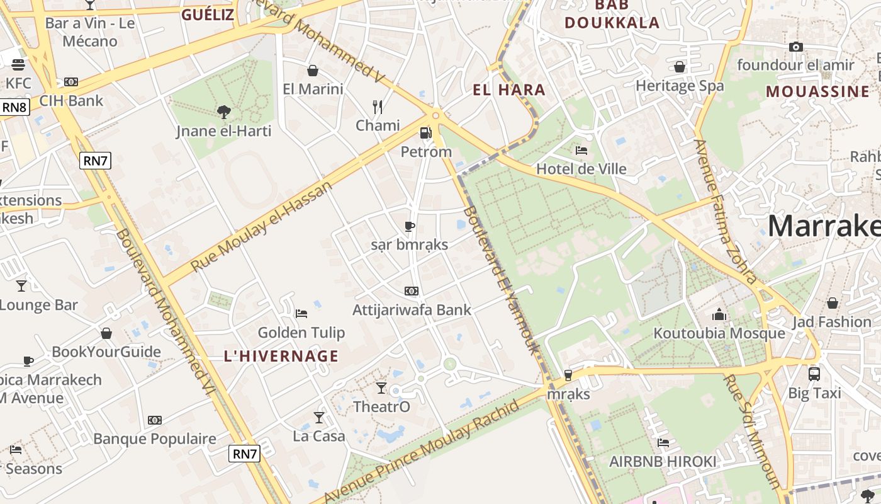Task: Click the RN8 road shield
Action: tap(14, 107)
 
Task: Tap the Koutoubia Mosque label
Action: tap(719, 333)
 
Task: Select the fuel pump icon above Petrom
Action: tap(426, 133)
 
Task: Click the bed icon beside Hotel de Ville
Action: tap(581, 151)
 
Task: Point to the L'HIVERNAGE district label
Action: tap(281, 356)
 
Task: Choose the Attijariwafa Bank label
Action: tap(412, 310)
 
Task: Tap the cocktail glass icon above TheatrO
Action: tap(381, 387)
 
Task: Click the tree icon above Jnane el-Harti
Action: tap(223, 113)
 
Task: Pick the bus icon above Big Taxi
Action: tap(814, 374)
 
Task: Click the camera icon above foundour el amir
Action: tap(795, 47)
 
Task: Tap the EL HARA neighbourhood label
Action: tap(509, 90)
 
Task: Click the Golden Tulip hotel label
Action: tap(301, 333)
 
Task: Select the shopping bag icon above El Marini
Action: tap(313, 71)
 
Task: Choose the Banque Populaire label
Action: tap(155, 439)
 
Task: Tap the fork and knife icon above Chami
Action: tap(378, 107)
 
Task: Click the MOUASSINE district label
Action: tap(817, 92)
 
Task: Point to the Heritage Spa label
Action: tap(680, 86)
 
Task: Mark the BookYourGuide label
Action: tap(106, 352)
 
